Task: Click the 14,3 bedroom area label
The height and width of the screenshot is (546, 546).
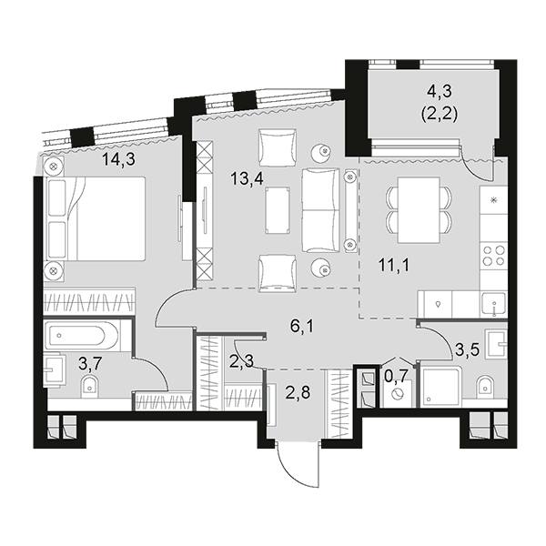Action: (x=118, y=159)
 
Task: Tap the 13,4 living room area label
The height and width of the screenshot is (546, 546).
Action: (x=247, y=179)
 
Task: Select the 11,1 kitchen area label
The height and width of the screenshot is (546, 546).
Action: (x=394, y=266)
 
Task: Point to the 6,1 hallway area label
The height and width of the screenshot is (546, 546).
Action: (x=302, y=327)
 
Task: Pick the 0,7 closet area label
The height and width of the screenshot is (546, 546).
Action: (x=396, y=375)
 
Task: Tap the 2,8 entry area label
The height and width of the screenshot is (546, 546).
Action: (x=298, y=393)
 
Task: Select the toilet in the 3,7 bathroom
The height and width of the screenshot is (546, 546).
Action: (x=89, y=386)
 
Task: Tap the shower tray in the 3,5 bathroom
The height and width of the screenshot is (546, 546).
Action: (x=441, y=386)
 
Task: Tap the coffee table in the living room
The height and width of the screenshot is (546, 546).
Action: (x=278, y=210)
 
